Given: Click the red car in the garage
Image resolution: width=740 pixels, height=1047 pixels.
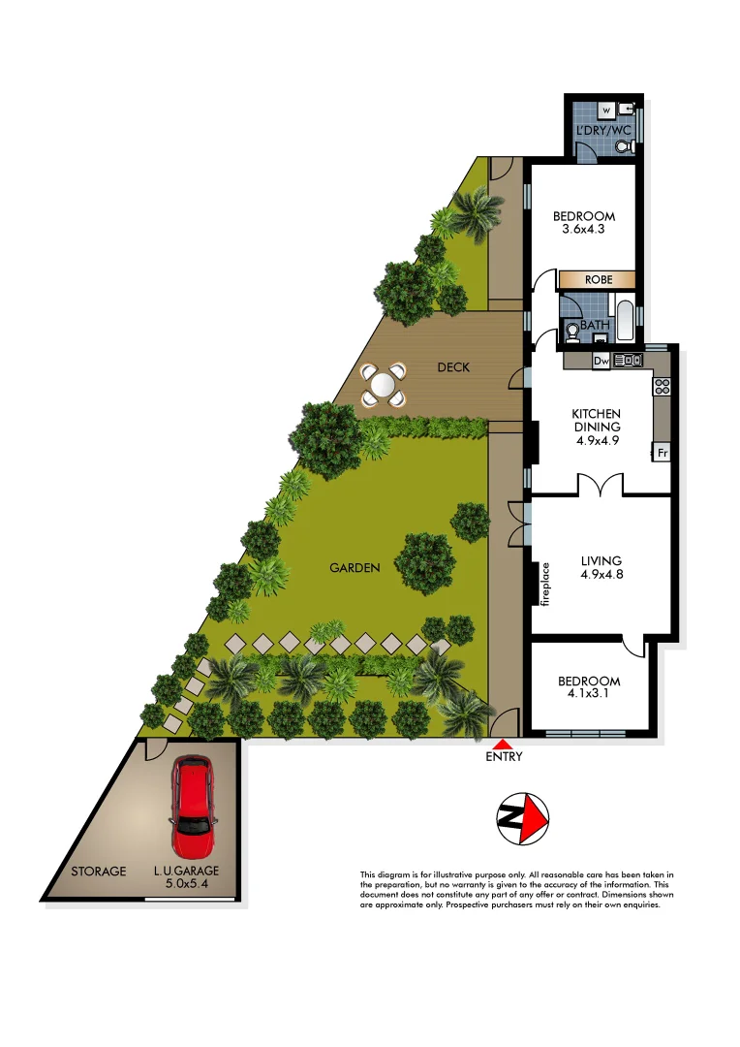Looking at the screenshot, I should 193,801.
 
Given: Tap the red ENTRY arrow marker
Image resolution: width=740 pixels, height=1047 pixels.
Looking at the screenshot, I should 503,742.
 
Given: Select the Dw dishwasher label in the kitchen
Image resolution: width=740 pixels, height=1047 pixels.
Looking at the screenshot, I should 601,362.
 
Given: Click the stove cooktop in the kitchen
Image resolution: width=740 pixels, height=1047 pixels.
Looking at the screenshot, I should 663,387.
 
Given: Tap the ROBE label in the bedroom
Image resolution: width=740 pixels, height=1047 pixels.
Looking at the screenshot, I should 598,279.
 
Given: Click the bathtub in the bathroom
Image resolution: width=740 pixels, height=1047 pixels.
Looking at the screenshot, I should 625,322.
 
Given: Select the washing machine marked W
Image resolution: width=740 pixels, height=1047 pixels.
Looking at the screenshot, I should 604,111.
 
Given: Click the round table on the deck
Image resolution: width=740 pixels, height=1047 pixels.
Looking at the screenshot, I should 384,385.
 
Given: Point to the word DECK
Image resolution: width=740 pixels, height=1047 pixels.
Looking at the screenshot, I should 452,366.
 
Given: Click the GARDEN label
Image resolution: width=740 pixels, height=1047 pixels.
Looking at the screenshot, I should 354,568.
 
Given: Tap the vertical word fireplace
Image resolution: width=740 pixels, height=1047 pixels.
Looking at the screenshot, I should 545,585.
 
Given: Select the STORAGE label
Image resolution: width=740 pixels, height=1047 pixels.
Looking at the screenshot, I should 98,872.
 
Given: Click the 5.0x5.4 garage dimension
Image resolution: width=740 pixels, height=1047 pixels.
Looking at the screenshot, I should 187,885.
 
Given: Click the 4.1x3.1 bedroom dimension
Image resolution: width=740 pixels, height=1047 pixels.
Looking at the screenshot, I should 589,694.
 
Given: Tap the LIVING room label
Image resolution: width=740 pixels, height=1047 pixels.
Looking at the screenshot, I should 601,560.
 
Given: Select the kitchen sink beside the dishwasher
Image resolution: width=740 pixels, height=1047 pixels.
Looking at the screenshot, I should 625,361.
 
